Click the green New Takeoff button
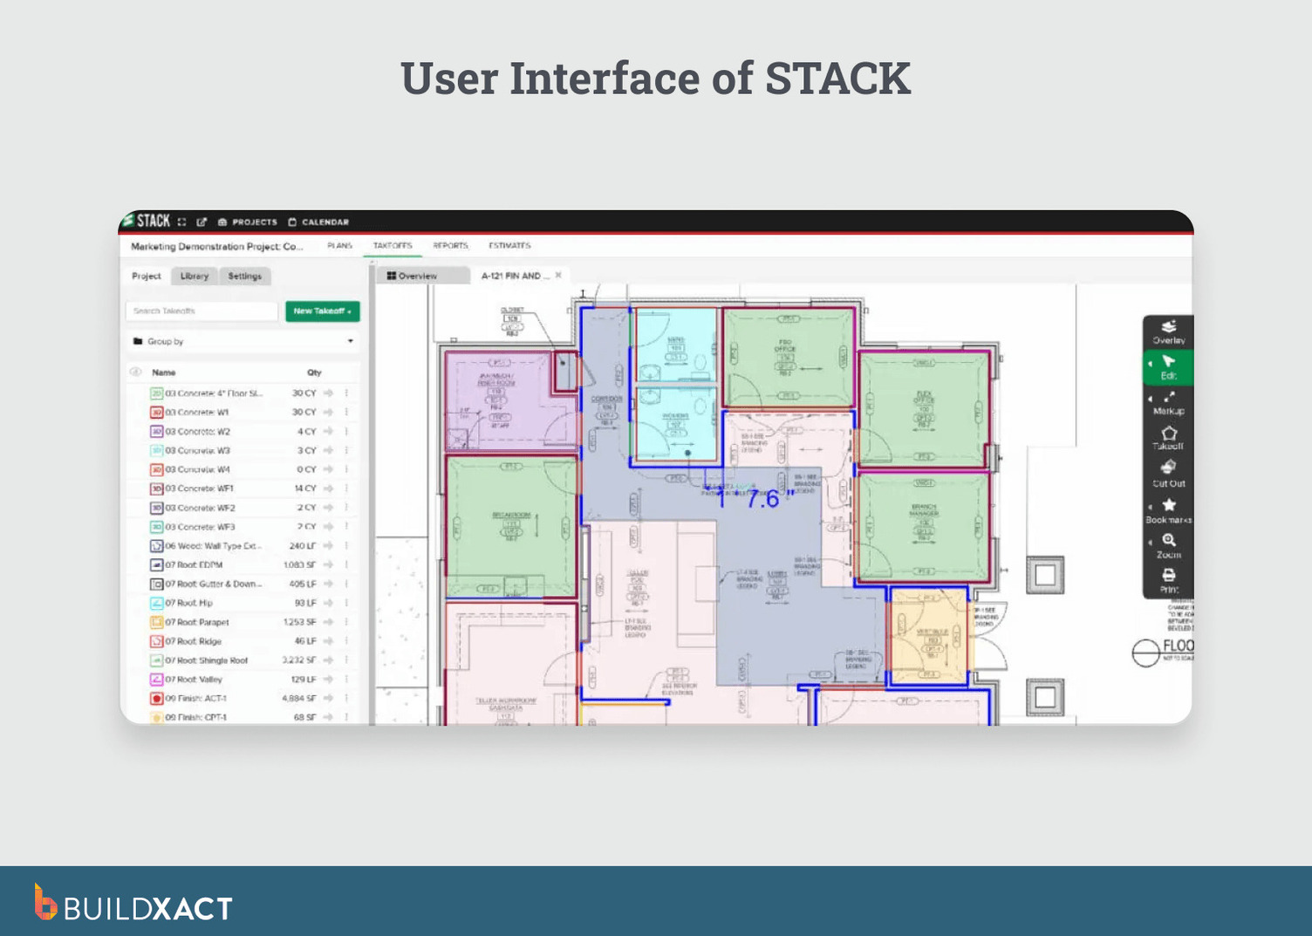pos(322,311)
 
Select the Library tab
pos(195,277)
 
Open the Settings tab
pos(245,277)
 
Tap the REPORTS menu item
pos(450,246)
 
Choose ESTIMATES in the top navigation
pos(509,246)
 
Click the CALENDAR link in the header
pos(318,222)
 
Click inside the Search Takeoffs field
pos(202,311)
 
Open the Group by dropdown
pos(243,342)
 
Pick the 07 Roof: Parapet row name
pos(197,623)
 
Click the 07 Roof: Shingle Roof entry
pos(207,661)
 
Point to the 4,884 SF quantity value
pos(298,699)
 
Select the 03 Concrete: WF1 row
pos(200,489)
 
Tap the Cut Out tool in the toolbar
pos(1169,473)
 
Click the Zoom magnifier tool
pos(1169,544)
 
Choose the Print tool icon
pos(1169,579)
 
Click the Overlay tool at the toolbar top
pos(1169,331)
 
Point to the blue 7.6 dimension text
pos(763,500)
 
